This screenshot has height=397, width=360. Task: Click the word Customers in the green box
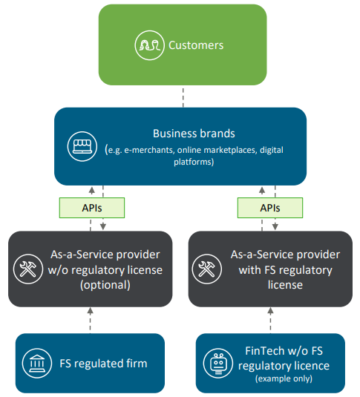196,45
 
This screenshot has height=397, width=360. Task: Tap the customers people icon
149,45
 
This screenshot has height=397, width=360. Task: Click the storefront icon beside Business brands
82,146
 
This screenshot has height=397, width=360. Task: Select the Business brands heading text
194,134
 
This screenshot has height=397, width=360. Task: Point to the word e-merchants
148,150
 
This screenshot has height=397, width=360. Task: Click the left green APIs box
92,208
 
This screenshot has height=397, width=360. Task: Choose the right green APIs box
270,208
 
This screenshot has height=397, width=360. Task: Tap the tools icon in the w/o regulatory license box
28,269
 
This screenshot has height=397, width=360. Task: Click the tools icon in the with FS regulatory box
207,269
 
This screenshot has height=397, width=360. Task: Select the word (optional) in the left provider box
105,285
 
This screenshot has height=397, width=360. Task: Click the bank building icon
37,364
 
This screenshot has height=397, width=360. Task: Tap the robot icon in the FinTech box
218,364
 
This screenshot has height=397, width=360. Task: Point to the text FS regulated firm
103,364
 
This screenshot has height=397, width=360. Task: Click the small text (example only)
284,378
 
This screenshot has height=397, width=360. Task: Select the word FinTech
265,351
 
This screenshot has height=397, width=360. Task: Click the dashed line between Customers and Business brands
183,97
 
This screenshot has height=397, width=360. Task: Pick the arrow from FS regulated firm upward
91,319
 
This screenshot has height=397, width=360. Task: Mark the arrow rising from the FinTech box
271,319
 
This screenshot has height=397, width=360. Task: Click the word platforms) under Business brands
194,162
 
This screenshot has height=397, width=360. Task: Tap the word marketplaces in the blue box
231,150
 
